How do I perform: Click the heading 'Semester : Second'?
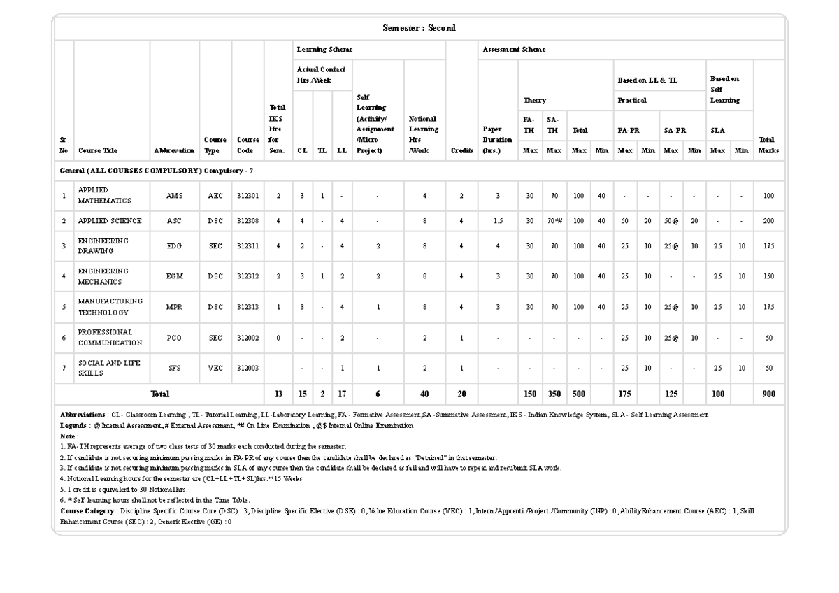point(419,28)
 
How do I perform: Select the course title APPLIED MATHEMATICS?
point(104,196)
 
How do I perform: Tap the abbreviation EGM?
point(174,276)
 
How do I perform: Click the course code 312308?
point(248,221)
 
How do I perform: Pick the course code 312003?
point(248,369)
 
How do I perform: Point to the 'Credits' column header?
point(461,150)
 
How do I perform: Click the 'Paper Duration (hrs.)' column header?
point(497,139)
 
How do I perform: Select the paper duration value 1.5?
point(497,221)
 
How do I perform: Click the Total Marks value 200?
point(768,221)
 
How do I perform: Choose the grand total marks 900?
point(768,394)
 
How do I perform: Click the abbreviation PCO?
point(174,338)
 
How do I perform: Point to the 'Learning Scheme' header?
point(324,50)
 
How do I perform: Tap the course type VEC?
point(215,369)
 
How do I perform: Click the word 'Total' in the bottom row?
point(159,394)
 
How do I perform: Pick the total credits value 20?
point(461,394)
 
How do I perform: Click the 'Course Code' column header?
point(248,145)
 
